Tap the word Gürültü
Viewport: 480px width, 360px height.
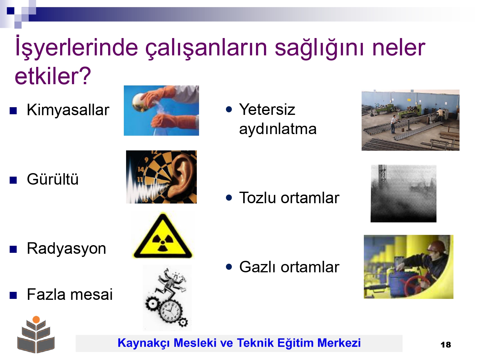[52, 179]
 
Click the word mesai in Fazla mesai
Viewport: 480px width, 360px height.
[92, 294]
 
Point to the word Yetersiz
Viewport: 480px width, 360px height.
[267, 109]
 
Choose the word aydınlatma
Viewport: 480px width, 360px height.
[278, 129]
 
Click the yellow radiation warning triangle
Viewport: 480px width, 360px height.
[163, 237]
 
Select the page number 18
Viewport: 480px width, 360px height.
[446, 345]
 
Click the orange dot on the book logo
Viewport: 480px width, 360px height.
[36, 320]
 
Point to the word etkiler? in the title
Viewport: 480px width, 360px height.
[53, 76]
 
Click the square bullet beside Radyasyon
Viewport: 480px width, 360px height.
[13, 249]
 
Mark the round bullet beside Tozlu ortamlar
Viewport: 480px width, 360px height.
[229, 198]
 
